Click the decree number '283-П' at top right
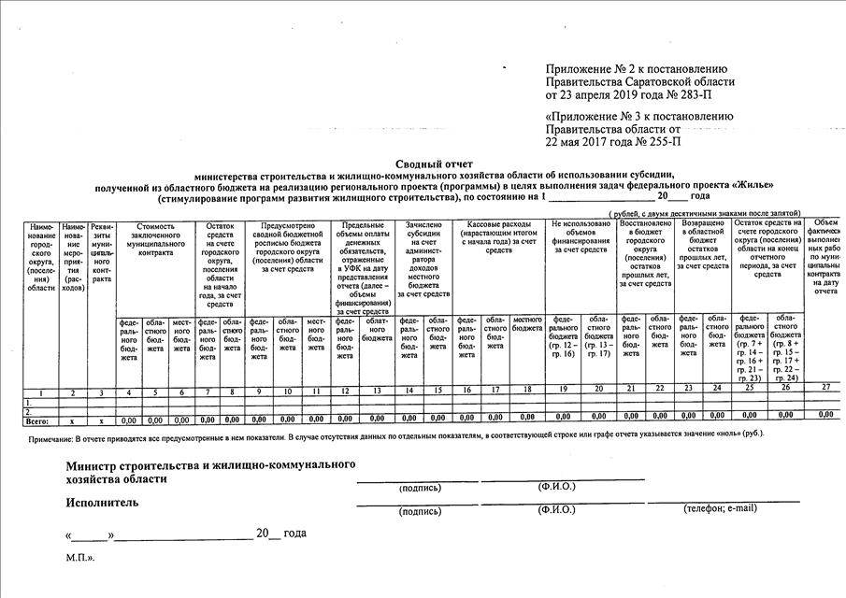[x=690, y=94]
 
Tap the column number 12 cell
[x=345, y=388]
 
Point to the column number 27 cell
[x=824, y=387]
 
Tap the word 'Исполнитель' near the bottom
[x=102, y=503]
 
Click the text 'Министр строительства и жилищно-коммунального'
[x=210, y=464]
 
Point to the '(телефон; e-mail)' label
[x=720, y=509]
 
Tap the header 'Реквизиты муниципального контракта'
[x=102, y=252]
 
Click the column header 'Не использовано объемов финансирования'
[x=581, y=237]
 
